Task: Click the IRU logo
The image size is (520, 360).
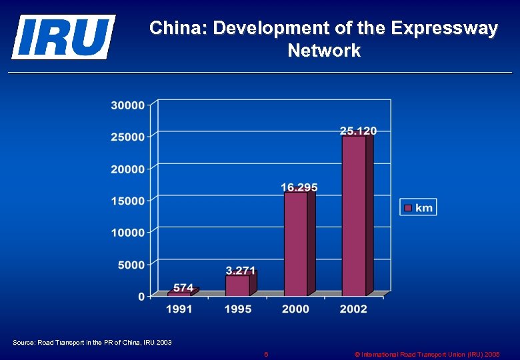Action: tap(63, 37)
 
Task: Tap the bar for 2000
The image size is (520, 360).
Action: tap(295, 243)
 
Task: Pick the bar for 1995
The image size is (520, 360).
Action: tap(237, 285)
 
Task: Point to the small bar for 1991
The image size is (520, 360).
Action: tap(179, 293)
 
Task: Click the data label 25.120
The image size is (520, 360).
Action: tap(358, 131)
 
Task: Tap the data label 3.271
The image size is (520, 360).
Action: tap(241, 270)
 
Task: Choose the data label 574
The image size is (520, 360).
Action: tap(183, 287)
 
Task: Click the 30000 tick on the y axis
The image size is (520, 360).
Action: tap(127, 105)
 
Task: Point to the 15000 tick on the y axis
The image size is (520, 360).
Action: tap(127, 201)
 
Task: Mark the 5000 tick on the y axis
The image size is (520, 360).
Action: tap(131, 265)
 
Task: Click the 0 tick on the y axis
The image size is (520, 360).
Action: tap(141, 297)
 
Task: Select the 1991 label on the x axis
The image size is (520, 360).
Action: tap(179, 309)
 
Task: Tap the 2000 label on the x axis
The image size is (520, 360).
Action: tap(295, 309)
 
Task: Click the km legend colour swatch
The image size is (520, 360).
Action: tap(407, 208)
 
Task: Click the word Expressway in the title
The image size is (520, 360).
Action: tap(444, 29)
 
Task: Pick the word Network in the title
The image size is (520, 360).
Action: tap(324, 51)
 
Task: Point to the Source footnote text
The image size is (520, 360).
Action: tap(92, 342)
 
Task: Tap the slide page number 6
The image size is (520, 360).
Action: tap(266, 354)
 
